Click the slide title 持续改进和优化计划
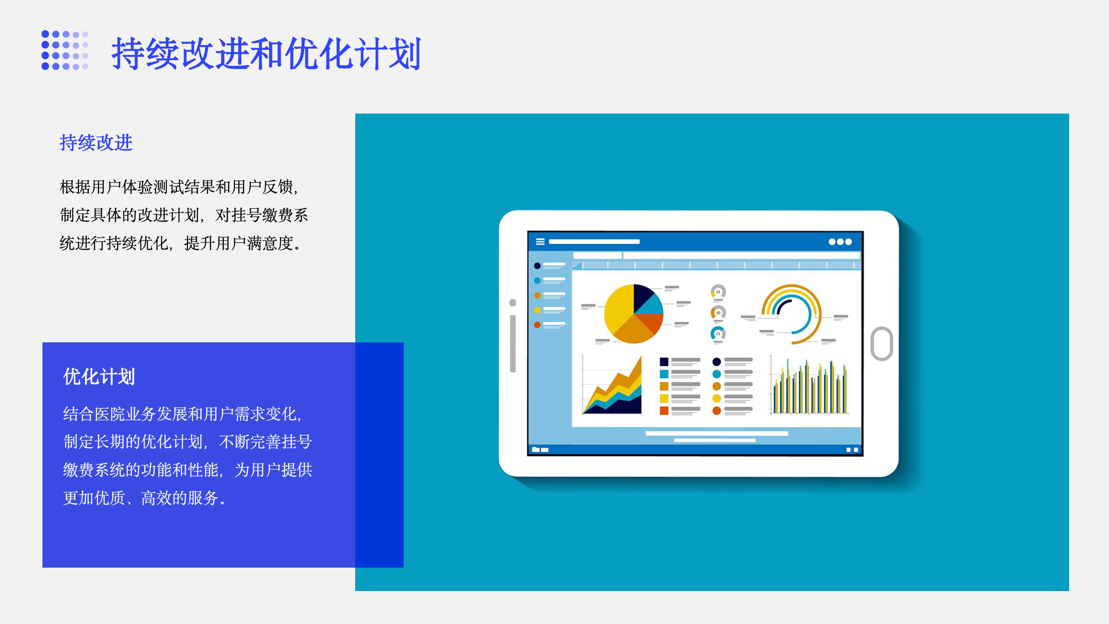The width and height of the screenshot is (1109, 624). tap(266, 53)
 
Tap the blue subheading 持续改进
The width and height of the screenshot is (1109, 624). tap(96, 143)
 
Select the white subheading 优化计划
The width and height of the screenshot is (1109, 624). tap(99, 376)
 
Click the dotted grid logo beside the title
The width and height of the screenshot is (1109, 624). tap(65, 50)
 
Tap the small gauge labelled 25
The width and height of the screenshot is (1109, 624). tap(718, 292)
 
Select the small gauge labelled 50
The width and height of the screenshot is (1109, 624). tap(718, 312)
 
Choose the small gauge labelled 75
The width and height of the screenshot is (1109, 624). tap(718, 333)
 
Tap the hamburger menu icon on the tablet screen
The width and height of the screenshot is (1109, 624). tap(540, 242)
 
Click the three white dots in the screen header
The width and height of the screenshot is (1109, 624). tap(840, 242)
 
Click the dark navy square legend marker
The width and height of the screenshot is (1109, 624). tap(664, 362)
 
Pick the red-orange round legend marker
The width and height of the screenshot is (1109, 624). tap(717, 410)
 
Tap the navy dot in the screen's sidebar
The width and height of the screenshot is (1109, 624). tap(537, 266)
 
